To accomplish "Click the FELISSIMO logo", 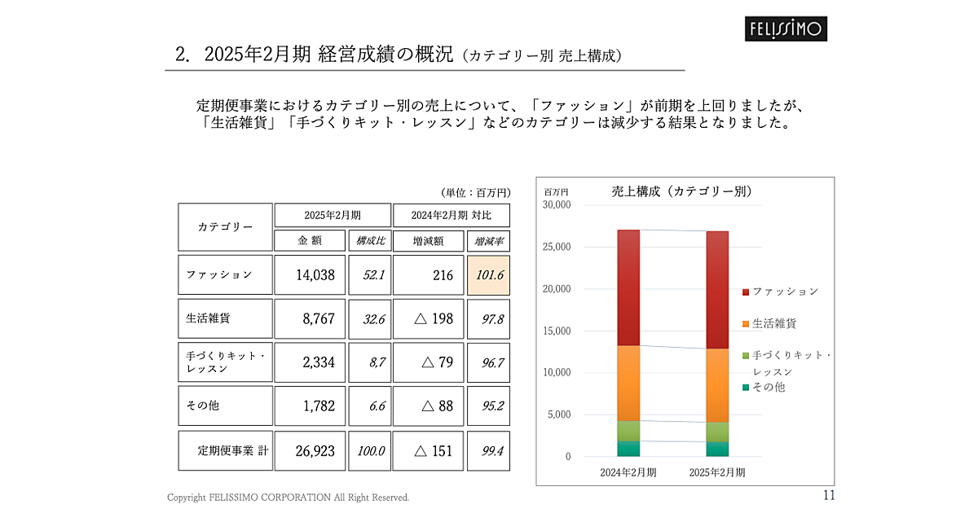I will (787, 29).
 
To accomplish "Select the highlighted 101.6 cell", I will (489, 275).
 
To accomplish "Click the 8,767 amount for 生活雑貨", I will (318, 319).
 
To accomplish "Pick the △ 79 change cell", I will (434, 362).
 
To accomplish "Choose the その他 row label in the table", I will (203, 406).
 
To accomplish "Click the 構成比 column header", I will (370, 241).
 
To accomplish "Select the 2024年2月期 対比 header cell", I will (451, 216).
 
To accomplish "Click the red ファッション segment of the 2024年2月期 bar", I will (628, 287).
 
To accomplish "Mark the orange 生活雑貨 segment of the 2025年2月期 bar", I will (718, 385).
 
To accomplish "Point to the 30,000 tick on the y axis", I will (557, 205).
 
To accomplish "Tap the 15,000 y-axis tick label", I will (557, 331).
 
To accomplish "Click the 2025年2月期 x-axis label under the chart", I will (717, 472).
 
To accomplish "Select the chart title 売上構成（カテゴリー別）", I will (681, 192).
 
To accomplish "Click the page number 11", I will (829, 495).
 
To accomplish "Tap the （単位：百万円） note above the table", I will (475, 193).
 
